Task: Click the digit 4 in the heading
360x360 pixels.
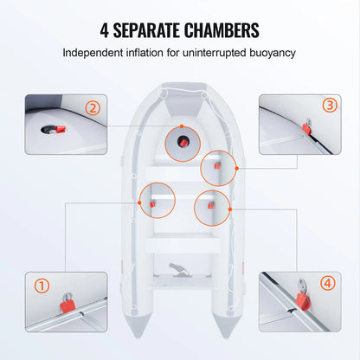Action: point(106,31)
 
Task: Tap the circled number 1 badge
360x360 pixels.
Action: point(41,285)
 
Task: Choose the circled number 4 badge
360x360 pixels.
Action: point(327,282)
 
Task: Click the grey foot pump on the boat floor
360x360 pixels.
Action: point(180,273)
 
